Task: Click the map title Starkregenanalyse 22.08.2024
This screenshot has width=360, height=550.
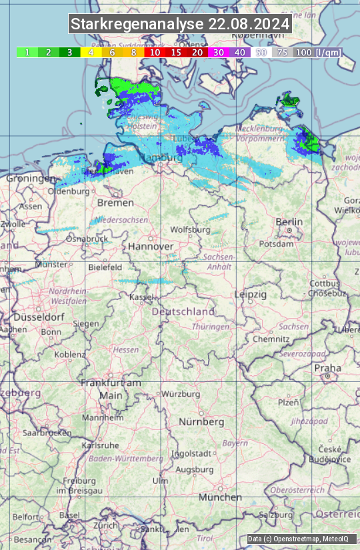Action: click(180, 25)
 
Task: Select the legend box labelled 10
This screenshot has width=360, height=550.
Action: click(155, 52)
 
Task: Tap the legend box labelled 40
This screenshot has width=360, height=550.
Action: click(239, 52)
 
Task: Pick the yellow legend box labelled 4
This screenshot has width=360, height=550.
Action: click(91, 52)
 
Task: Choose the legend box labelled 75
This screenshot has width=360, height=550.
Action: click(282, 52)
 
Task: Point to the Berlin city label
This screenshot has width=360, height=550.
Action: click(289, 222)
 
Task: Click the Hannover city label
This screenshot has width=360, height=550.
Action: click(151, 246)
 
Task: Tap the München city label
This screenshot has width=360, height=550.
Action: click(220, 497)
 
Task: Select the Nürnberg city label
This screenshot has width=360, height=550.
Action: click(201, 422)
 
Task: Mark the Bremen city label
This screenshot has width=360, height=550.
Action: click(111, 202)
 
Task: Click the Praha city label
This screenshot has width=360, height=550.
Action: click(328, 368)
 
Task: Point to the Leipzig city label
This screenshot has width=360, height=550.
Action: click(251, 294)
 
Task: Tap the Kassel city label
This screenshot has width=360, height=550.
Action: click(141, 297)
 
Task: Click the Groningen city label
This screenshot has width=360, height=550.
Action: click(31, 179)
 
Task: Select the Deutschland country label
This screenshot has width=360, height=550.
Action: click(183, 311)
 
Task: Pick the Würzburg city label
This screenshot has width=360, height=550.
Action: click(181, 394)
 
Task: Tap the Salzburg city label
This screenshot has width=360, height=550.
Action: click(276, 515)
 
